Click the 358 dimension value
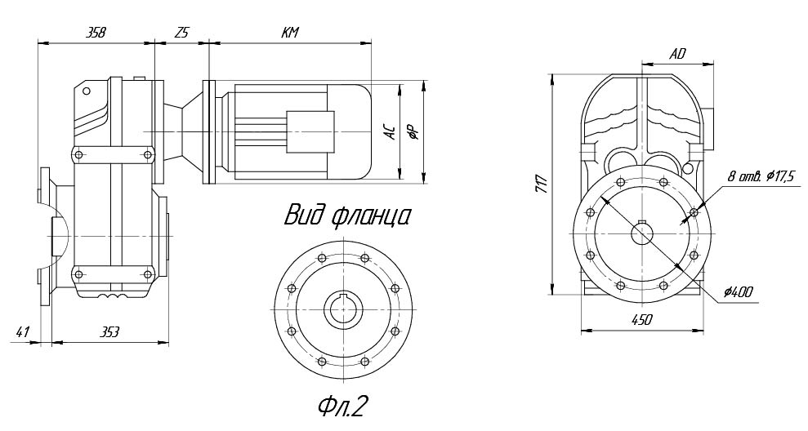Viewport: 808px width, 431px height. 95,33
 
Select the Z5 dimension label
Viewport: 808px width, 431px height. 181,33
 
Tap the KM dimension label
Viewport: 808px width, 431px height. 289,33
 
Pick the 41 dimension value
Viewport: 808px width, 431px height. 23,332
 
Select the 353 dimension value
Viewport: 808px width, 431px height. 109,332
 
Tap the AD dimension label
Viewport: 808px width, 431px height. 677,54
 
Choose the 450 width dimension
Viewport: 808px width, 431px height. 641,320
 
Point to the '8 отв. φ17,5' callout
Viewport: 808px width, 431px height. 761,176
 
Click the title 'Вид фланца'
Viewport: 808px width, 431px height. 346,216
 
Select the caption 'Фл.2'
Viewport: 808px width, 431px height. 343,405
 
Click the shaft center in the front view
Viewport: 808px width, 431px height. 642,233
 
